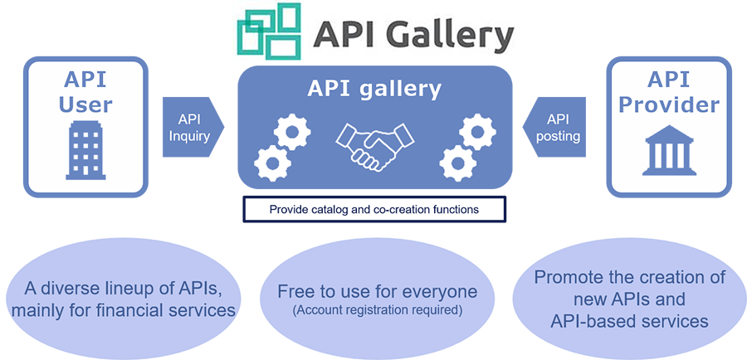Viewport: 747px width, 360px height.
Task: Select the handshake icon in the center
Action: pyautogui.click(x=374, y=145)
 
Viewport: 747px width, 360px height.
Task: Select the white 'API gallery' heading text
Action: pyautogui.click(x=374, y=88)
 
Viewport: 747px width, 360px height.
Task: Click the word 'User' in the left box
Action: pyautogui.click(x=86, y=105)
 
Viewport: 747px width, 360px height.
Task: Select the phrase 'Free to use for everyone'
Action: pyautogui.click(x=378, y=292)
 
